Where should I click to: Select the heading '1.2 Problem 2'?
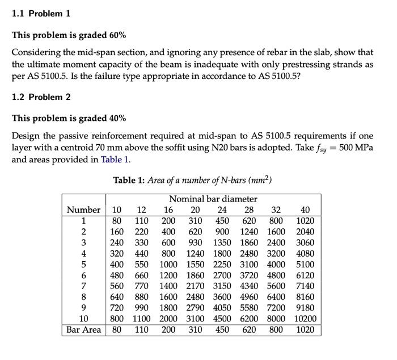click(x=41, y=97)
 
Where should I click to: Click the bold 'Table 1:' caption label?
click(x=129, y=181)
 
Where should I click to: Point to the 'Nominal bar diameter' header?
click(x=213, y=199)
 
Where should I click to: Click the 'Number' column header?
click(x=83, y=210)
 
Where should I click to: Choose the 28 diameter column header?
click(x=249, y=210)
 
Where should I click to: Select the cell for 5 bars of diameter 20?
click(x=195, y=264)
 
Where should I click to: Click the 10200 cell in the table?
click(x=305, y=319)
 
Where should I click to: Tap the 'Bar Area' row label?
click(x=83, y=330)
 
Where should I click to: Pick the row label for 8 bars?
click(x=83, y=297)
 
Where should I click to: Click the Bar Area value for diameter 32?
click(x=276, y=330)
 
